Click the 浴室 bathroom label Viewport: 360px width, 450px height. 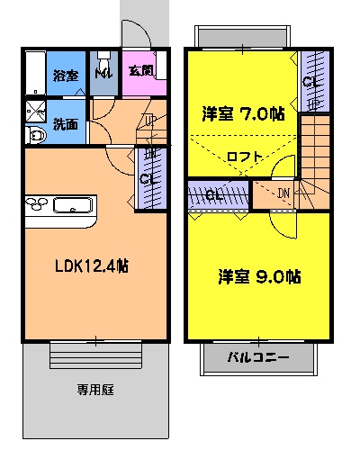point(64,75)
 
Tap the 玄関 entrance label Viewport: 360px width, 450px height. point(140,71)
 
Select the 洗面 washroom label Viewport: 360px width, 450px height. point(64,125)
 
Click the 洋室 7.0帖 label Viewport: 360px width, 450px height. point(244,114)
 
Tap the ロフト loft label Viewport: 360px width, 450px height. point(245,157)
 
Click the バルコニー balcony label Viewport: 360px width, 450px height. point(257,357)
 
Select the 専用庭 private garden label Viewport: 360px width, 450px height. point(94,391)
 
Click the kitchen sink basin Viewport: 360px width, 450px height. point(76,205)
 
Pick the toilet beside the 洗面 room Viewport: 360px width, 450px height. point(35,136)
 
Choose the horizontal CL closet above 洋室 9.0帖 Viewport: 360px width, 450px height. point(215,194)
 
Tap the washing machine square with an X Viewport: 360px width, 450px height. point(37,111)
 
